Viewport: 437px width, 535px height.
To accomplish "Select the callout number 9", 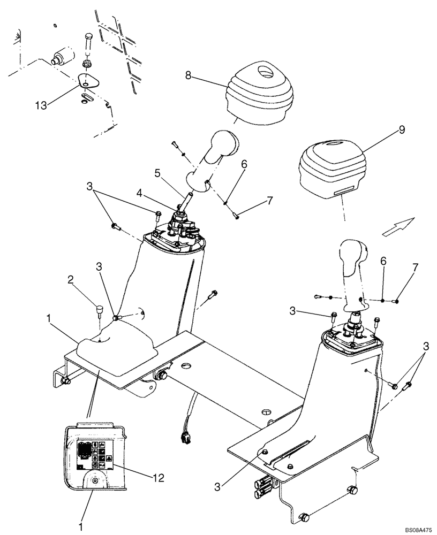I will (x=402, y=130).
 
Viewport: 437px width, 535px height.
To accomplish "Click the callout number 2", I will (x=70, y=279).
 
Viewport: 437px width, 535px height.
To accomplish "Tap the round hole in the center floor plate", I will (x=186, y=365).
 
